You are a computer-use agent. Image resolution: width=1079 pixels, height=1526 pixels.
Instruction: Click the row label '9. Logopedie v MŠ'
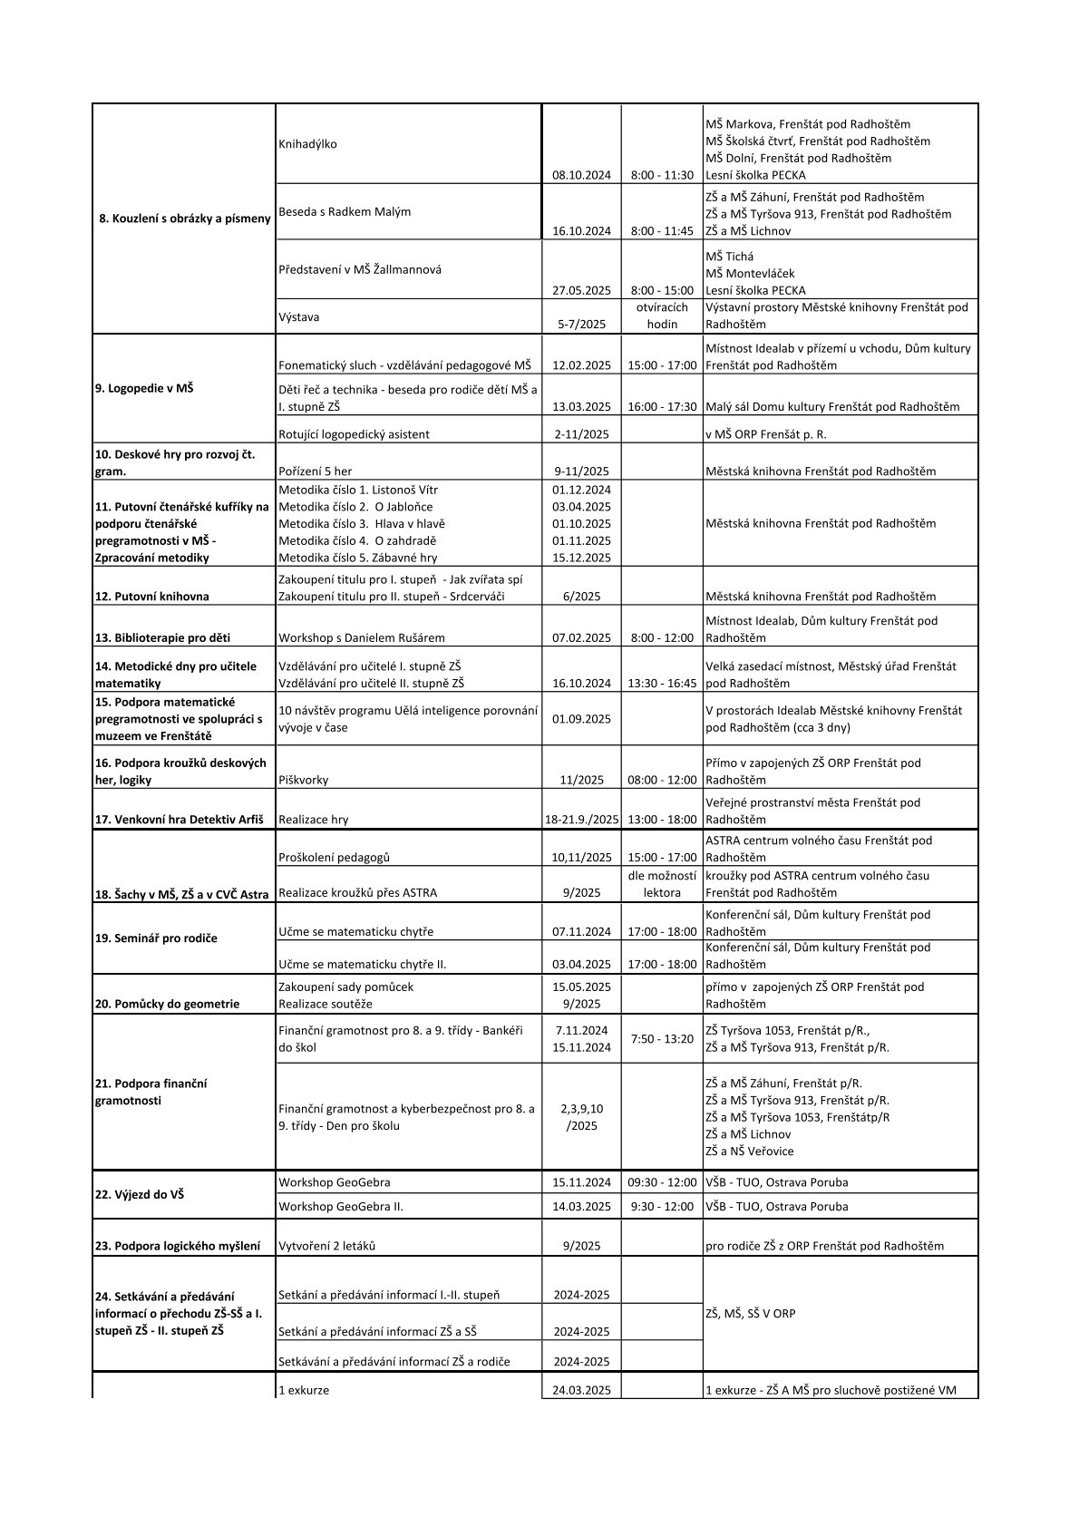(144, 388)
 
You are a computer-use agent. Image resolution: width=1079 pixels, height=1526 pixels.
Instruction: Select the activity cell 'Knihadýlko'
(308, 144)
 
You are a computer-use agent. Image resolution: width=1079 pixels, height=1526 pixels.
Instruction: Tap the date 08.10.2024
(581, 175)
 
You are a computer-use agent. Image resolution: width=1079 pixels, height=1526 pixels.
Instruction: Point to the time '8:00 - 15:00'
(662, 290)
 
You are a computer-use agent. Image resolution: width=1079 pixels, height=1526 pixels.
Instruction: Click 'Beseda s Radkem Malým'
(345, 211)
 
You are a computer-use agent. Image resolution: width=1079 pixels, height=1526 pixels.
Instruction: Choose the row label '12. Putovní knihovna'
(152, 597)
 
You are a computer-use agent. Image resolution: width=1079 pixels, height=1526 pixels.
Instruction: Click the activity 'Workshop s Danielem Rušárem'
(362, 637)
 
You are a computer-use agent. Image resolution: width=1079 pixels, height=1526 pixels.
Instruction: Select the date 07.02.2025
(581, 637)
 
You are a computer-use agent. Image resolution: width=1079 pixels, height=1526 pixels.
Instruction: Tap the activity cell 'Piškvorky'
(304, 780)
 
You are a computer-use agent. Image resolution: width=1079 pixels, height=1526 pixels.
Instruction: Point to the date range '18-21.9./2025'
(581, 820)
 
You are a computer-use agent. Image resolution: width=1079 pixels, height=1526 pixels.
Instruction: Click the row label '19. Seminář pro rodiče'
(156, 938)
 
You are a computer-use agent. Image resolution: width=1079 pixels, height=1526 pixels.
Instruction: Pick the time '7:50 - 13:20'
(662, 1039)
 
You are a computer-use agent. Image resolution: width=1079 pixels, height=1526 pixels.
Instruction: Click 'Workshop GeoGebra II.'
(341, 1207)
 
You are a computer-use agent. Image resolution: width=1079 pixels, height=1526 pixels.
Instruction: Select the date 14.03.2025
(581, 1207)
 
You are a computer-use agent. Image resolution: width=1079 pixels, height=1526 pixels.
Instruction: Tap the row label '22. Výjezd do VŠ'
(140, 1194)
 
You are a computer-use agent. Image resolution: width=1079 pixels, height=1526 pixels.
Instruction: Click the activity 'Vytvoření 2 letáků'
(327, 1246)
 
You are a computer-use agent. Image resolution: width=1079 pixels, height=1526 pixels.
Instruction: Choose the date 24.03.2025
(581, 1390)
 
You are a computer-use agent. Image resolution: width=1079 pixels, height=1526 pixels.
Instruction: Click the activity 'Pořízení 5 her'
(316, 471)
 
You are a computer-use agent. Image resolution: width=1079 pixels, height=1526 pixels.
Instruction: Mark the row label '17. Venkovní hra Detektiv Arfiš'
(180, 820)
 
